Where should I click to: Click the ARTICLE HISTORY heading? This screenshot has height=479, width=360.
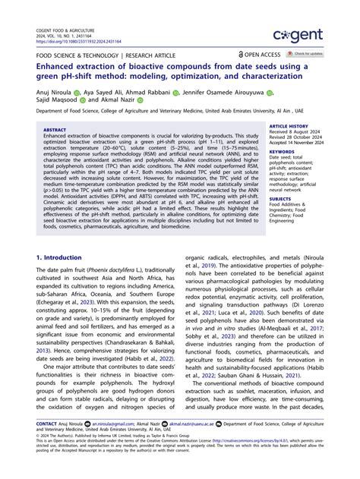click(289, 125)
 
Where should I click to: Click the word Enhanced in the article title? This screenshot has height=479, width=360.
click(62, 68)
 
